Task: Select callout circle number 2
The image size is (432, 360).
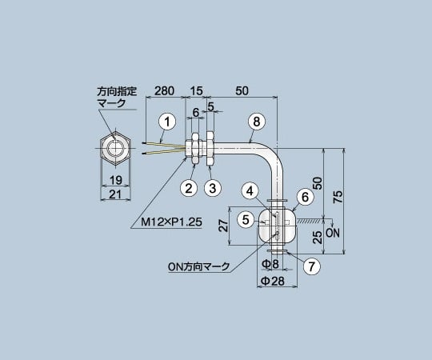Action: click(189, 188)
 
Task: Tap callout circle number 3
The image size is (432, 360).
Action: click(212, 188)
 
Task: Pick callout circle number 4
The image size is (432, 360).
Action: click(250, 190)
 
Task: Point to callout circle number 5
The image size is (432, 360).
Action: click(246, 218)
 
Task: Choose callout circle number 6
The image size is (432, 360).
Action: click(302, 196)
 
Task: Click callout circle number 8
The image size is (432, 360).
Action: click(255, 122)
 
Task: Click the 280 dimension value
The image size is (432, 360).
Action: click(166, 90)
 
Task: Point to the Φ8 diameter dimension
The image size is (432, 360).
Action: click(272, 262)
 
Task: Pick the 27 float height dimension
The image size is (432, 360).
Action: click(223, 228)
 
